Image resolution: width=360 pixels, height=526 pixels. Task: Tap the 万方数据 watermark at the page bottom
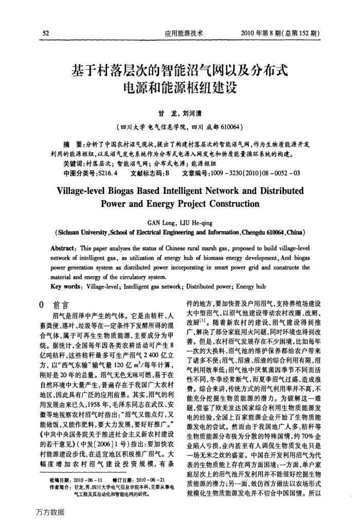50,512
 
